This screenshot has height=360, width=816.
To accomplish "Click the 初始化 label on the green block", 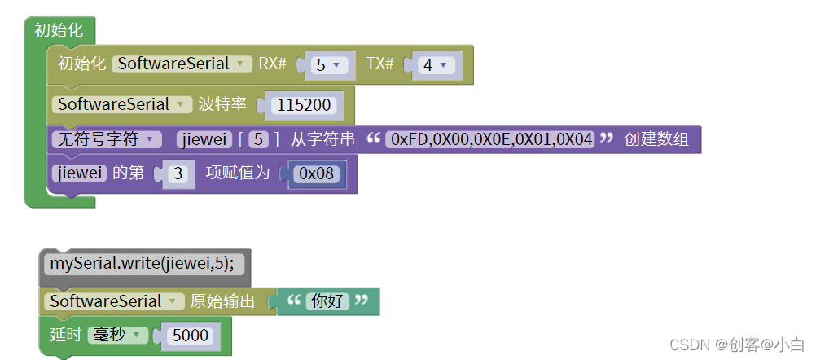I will pos(59,30).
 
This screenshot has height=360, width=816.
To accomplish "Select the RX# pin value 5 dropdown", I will pos(328,65).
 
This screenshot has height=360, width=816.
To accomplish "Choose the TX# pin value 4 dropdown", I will pos(435,65).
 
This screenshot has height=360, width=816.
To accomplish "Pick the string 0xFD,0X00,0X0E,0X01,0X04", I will pos(491,139).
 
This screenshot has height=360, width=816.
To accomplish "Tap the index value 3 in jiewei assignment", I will pos(179,174).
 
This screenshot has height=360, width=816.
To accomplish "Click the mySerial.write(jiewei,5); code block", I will pos(143,264).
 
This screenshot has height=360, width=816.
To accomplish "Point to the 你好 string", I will pos(327,301).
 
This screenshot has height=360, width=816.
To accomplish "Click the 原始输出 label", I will pos(222,301).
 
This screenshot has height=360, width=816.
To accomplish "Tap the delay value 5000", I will pos(191,336).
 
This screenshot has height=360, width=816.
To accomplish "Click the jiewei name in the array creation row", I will pos(204,139).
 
